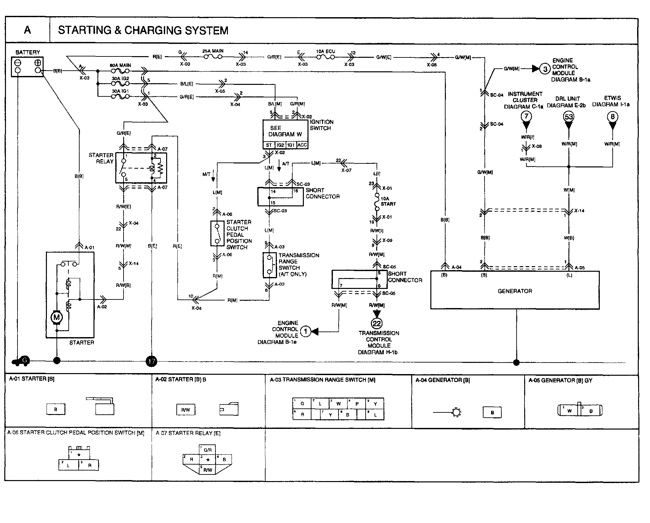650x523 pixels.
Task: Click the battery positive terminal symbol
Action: point(38,63)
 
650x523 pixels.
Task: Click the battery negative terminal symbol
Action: point(18,63)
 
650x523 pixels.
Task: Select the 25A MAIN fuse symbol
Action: point(213,57)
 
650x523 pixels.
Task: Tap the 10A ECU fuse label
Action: point(325,52)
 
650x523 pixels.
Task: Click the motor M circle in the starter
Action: point(56,318)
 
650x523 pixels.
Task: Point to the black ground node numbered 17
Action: point(152,361)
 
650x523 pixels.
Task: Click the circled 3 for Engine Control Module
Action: point(545,69)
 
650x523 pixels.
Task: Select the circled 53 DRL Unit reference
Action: point(569,117)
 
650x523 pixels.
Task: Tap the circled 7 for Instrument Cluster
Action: point(526,116)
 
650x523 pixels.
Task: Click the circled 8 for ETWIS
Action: point(613,117)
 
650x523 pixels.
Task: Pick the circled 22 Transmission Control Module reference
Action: point(377,323)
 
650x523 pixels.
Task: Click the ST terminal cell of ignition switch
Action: point(269,145)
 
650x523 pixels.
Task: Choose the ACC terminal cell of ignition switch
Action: point(302,145)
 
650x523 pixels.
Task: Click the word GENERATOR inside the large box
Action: point(515,291)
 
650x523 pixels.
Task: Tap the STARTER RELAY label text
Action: point(101,158)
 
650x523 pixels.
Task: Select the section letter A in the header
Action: point(27,30)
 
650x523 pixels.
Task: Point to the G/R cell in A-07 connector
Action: point(208,450)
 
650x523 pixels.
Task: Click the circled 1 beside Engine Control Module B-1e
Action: point(306,331)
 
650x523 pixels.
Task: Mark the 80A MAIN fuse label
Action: point(120,65)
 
